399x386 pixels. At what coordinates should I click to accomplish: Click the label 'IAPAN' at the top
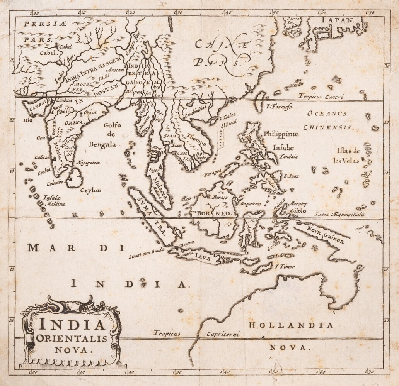336,19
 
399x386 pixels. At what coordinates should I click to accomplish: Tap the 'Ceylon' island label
90,190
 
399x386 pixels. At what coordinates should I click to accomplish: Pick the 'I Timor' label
285,266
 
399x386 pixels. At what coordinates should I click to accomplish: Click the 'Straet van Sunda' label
147,253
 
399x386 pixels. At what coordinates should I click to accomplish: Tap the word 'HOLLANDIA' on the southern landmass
290,325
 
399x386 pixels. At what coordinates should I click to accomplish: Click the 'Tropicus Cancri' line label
321,97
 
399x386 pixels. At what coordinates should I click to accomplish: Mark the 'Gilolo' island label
298,211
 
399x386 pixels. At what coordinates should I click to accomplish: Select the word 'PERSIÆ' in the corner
45,24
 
